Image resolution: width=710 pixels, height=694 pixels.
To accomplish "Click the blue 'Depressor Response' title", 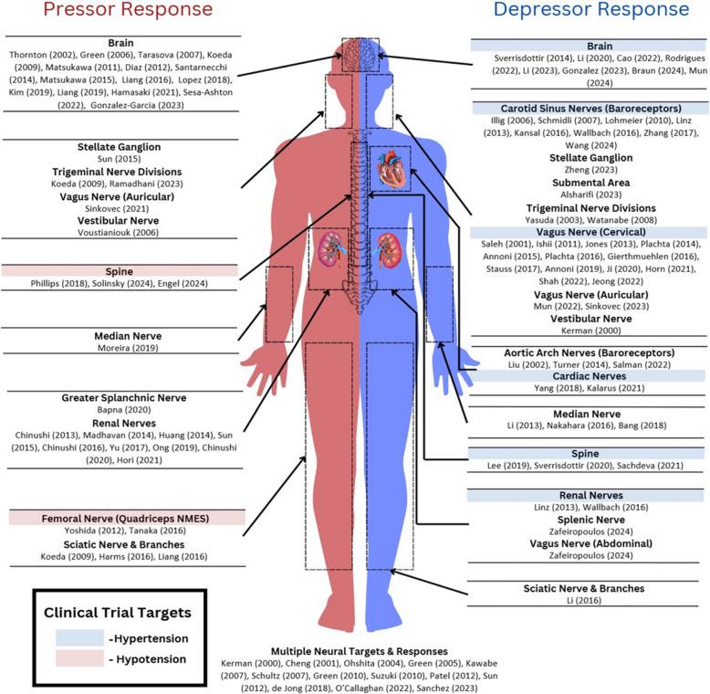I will point(590,12).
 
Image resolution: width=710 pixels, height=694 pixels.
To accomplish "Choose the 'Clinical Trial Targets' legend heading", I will point(121,613).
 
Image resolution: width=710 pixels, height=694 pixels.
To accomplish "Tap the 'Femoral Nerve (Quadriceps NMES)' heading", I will point(122,518).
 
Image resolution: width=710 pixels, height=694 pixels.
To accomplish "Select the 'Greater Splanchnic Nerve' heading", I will point(123,398).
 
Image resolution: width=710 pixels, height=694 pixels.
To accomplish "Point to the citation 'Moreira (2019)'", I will point(123,348).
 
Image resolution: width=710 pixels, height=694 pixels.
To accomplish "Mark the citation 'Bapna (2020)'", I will point(123,411).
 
